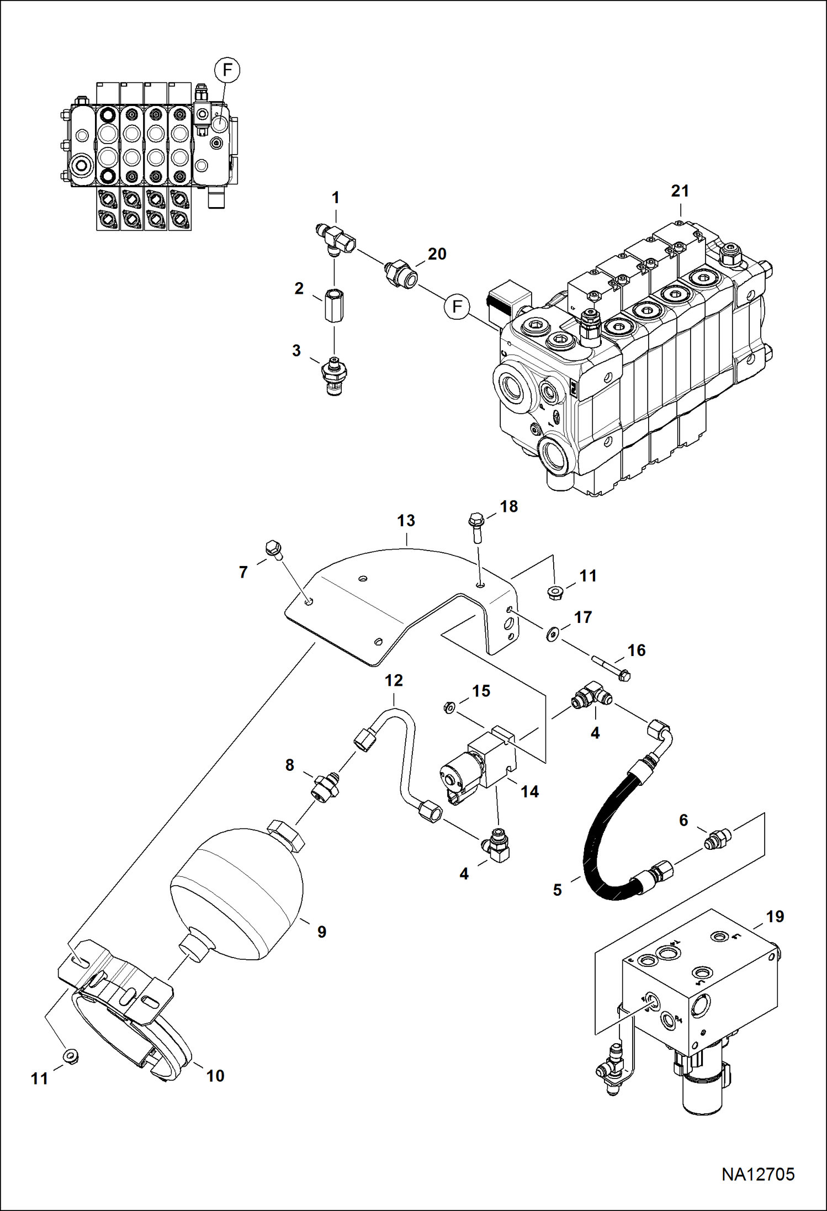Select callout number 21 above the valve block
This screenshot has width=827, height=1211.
[680, 191]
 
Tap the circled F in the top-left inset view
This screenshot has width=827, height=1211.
[227, 71]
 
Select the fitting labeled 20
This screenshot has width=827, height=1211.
[401, 274]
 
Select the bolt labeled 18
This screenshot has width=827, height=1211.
[476, 527]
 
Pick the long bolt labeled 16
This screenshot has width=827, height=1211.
[611, 667]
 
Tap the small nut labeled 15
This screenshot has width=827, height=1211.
[448, 707]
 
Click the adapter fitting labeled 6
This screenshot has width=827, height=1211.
[717, 841]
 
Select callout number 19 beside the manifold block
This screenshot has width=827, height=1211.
[775, 917]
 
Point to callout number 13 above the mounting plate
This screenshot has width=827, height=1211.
[406, 521]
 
